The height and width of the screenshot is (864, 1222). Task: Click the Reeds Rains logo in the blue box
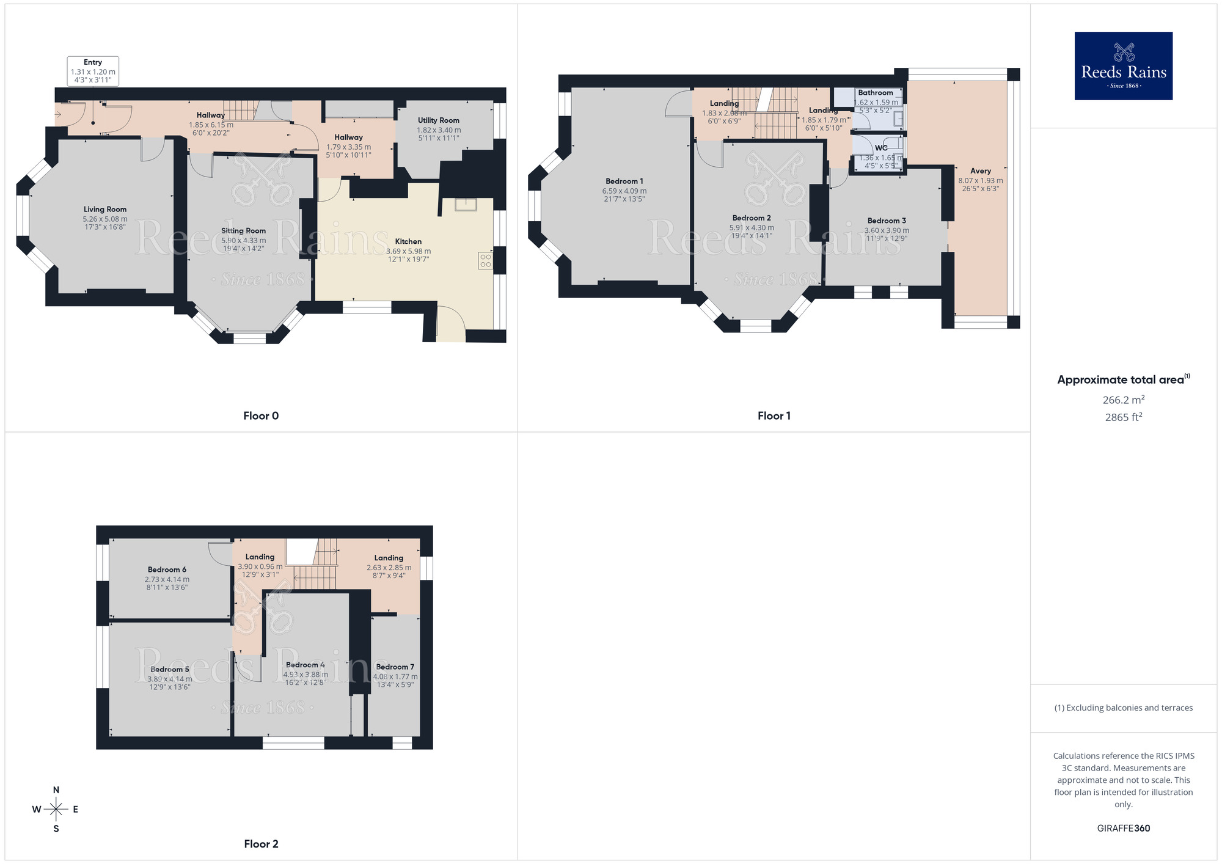click(x=1123, y=66)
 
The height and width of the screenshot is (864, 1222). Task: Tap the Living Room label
click(x=105, y=210)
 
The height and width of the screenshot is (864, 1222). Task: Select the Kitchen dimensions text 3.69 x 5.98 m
click(x=408, y=251)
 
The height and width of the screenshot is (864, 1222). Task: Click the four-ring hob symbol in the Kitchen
click(x=485, y=261)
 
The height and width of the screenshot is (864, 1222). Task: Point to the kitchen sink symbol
click(x=466, y=204)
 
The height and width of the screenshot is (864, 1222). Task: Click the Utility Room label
click(x=438, y=120)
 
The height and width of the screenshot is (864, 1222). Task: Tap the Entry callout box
click(x=93, y=71)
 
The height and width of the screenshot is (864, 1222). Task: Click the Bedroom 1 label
click(x=624, y=181)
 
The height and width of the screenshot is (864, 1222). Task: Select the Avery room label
click(x=980, y=171)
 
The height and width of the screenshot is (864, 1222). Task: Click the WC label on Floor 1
click(x=880, y=148)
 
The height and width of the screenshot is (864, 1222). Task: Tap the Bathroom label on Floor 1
click(x=875, y=93)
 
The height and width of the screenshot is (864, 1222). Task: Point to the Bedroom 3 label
click(x=886, y=221)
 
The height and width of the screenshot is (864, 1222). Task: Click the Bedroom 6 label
click(x=167, y=569)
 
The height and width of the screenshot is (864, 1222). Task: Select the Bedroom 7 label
click(x=395, y=667)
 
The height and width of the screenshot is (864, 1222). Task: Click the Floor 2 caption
click(x=261, y=844)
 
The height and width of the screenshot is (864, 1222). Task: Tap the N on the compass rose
click(x=56, y=790)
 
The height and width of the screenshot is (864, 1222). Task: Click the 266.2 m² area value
click(x=1123, y=400)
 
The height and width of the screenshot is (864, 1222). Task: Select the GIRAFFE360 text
click(x=1123, y=829)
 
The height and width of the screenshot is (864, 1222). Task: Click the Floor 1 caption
click(x=774, y=416)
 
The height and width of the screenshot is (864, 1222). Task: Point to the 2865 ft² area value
click(x=1123, y=417)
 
